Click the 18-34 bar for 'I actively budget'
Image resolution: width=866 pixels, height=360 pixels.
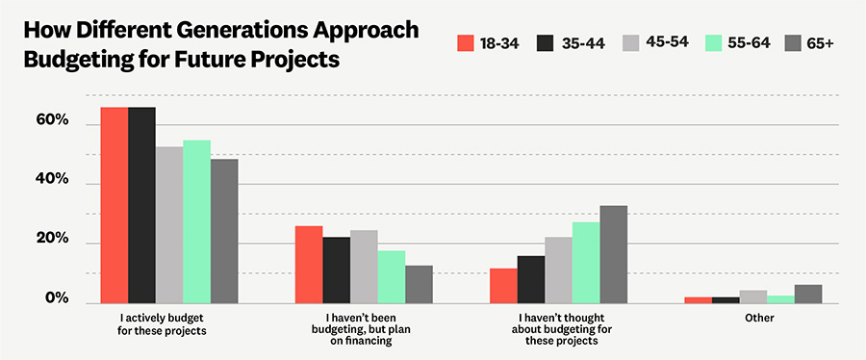pyautogui.click(x=115, y=205)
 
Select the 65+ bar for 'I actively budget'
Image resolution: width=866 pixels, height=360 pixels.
pyautogui.click(x=224, y=231)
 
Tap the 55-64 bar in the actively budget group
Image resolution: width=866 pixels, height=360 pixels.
pyautogui.click(x=196, y=221)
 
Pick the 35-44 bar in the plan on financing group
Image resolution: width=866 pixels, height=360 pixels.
pyautogui.click(x=336, y=270)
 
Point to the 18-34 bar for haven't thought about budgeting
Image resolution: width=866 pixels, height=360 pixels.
pyautogui.click(x=503, y=285)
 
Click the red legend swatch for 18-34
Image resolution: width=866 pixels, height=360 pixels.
pyautogui.click(x=467, y=42)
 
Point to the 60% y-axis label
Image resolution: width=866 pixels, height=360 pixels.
pyautogui.click(x=51, y=120)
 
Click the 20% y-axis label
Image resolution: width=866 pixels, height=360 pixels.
pyautogui.click(x=51, y=239)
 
